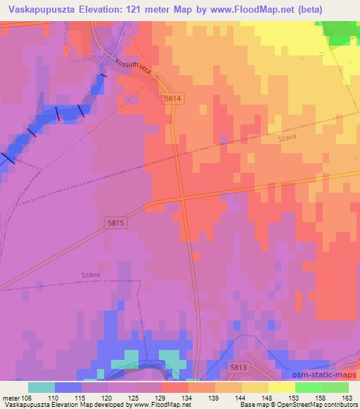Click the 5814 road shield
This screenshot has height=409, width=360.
(173, 100)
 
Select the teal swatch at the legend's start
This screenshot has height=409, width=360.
(41, 387)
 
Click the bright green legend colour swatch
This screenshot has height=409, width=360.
(308, 387)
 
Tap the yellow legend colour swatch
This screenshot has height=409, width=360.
(281, 387)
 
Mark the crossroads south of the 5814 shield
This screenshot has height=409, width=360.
(183, 200)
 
